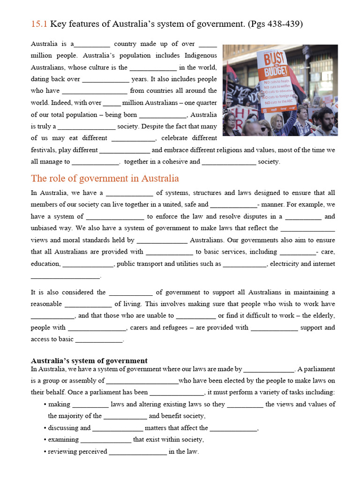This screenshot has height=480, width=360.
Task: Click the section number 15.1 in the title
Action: click(x=39, y=24)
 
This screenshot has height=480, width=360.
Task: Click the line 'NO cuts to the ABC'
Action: click(x=281, y=102)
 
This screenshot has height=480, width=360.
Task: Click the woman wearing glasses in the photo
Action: click(x=230, y=123)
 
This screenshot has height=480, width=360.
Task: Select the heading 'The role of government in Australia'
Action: click(x=105, y=179)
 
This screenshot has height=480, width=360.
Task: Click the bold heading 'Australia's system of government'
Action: click(x=89, y=360)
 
